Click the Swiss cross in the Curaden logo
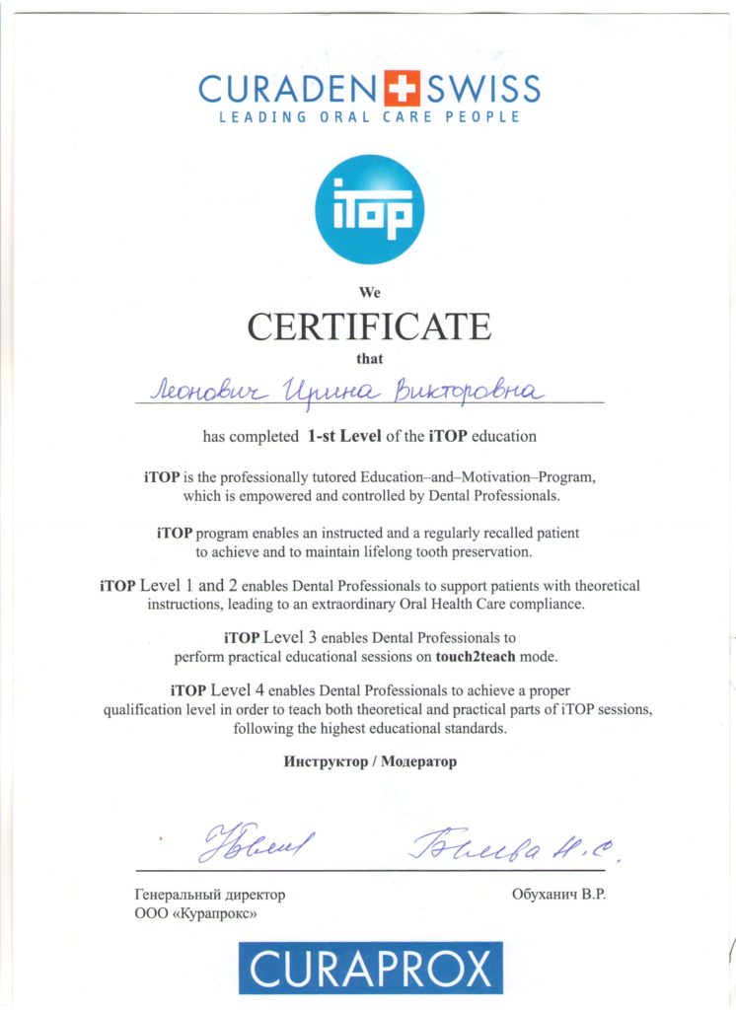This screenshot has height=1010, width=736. coord(399,89)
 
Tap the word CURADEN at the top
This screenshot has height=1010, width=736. coord(286,90)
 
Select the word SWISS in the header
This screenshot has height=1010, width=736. coord(482,90)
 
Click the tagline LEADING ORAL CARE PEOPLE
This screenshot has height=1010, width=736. coord(369,117)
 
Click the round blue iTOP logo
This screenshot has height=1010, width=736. coord(369,210)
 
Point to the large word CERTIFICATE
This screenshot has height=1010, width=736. coord(369,325)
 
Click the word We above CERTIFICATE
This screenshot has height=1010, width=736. coord(369,292)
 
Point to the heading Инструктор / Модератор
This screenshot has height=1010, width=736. coord(370,762)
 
